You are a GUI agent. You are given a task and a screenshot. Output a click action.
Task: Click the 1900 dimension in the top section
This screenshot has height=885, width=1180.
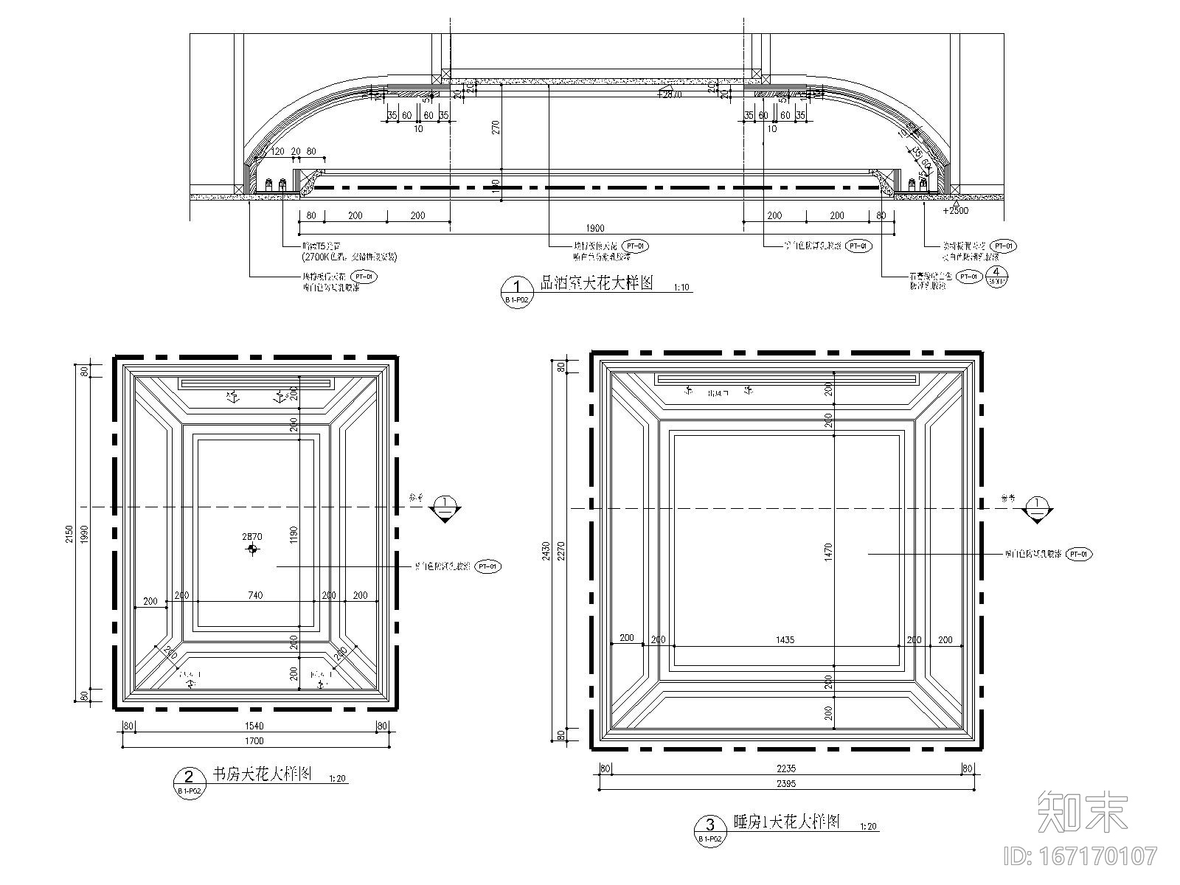pos(596,228)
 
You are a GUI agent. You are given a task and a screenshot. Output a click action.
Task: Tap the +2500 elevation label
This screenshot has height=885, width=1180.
pos(955,210)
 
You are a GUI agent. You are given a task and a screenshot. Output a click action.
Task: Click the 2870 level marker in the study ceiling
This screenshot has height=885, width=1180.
pos(252,538)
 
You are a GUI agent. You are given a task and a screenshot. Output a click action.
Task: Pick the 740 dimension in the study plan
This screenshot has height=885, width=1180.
pos(254,595)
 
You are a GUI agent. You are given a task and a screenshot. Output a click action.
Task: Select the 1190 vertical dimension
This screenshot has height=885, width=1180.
pos(294,532)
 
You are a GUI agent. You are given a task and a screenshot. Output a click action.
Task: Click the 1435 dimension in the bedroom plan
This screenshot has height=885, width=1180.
pos(785,639)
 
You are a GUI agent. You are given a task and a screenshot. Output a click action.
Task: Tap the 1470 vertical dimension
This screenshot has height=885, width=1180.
pos(829,549)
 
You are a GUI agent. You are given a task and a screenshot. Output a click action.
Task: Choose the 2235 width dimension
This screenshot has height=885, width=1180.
pos(786,768)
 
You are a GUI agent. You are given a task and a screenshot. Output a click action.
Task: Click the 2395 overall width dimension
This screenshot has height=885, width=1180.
pos(786,785)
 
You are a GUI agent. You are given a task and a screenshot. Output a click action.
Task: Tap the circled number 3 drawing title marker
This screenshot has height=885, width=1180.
pos(710,825)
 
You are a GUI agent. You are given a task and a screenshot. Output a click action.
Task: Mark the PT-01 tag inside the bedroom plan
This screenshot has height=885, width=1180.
pos(1079,553)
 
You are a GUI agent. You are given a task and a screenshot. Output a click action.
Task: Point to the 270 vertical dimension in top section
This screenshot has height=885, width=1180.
pos(496,126)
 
